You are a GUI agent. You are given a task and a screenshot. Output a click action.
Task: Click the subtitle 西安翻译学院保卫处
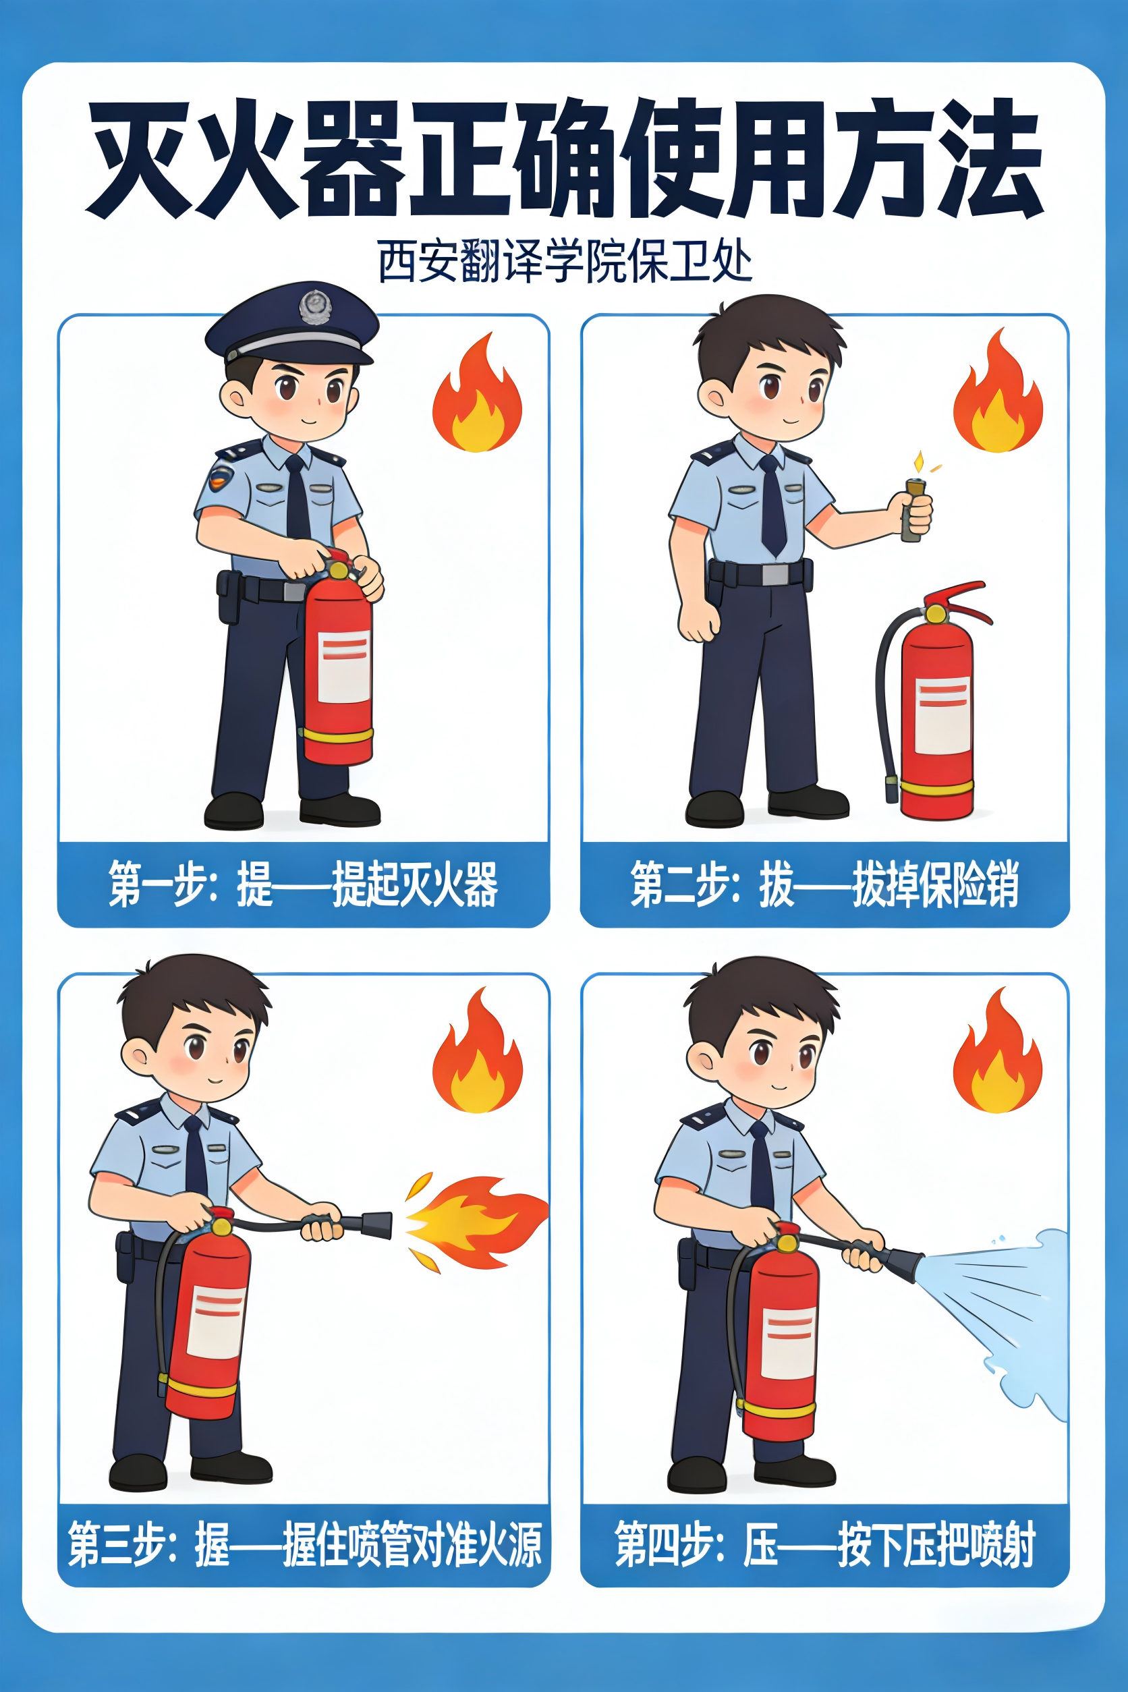(x=565, y=261)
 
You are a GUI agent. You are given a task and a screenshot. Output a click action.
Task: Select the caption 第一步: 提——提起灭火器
(x=303, y=884)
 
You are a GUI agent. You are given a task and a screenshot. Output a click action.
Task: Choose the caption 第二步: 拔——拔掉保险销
(x=824, y=884)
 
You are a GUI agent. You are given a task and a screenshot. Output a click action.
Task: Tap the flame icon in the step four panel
(x=998, y=1051)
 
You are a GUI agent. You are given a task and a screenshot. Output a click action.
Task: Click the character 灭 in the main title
(x=140, y=159)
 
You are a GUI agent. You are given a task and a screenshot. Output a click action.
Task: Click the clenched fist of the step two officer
(x=698, y=619)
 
